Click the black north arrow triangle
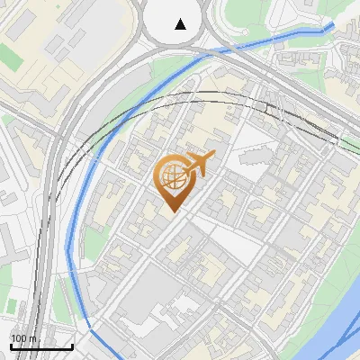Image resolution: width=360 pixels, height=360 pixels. click(x=181, y=23)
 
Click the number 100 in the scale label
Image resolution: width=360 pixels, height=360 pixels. click(x=19, y=338)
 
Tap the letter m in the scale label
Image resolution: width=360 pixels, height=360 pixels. click(x=32, y=338)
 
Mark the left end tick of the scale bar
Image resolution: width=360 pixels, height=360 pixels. click(x=10, y=346)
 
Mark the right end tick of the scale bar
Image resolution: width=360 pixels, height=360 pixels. click(x=72, y=346)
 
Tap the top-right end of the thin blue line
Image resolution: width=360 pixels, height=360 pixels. click(x=334, y=24)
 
